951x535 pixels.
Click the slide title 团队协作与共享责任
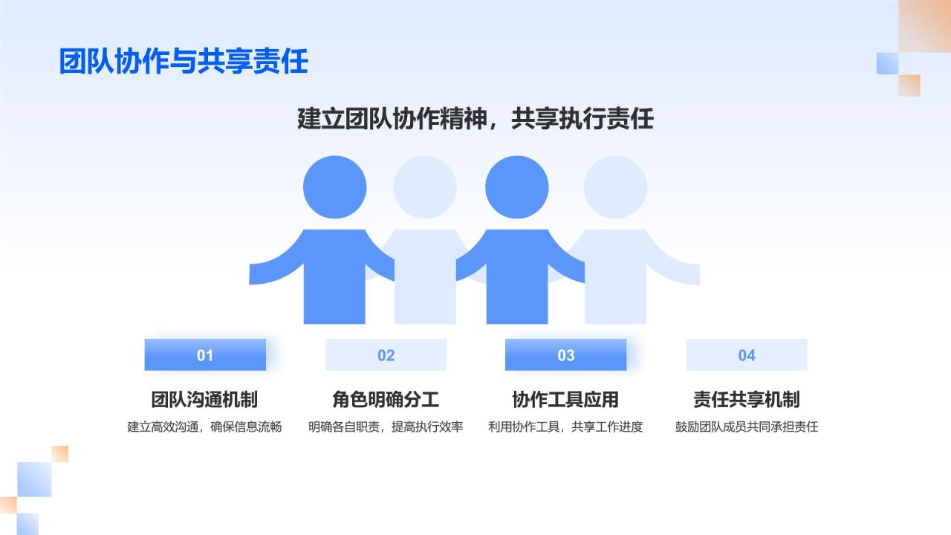184,61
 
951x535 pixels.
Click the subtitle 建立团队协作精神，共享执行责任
475,118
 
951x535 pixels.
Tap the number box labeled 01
205,354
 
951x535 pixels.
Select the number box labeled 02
386,354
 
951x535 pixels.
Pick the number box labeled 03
565,354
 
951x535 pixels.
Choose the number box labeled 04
747,354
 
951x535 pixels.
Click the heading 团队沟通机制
204,400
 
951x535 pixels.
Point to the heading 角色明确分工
386,400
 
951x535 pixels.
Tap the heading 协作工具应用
565,400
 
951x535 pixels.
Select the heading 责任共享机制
747,400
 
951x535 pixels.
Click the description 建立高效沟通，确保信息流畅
204,427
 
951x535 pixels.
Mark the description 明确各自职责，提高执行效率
386,427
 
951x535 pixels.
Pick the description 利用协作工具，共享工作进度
565,427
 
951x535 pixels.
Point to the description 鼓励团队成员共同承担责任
747,427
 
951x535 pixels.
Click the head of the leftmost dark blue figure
334,187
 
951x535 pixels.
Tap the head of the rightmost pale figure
615,187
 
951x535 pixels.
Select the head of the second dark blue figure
516,187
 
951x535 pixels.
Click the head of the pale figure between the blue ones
425,187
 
